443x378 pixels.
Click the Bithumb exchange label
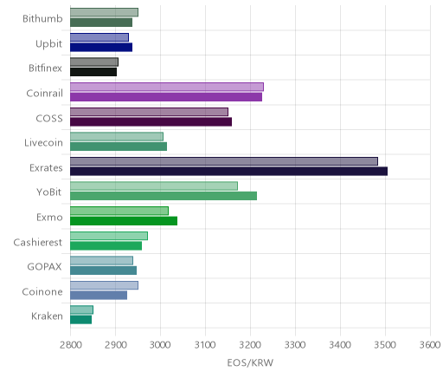(x=42, y=18)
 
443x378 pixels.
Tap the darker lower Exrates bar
(x=228, y=171)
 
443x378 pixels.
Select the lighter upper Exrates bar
(x=224, y=161)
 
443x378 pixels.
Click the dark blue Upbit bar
(x=101, y=47)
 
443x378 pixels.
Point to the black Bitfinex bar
(x=93, y=72)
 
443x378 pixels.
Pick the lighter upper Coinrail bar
(x=167, y=87)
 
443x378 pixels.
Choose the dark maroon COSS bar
(x=151, y=121)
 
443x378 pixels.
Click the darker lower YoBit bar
(x=164, y=196)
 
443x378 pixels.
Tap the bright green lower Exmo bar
(x=124, y=221)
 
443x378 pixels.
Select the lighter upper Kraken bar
(x=81, y=310)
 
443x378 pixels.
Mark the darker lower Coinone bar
(x=99, y=295)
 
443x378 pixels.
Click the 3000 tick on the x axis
(x=160, y=345)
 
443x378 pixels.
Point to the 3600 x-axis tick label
(x=430, y=345)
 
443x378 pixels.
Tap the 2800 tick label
(x=70, y=345)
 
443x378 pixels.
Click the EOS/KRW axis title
(x=250, y=362)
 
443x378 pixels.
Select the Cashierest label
(x=38, y=242)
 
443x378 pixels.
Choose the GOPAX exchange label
(x=44, y=266)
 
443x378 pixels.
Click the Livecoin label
(x=43, y=143)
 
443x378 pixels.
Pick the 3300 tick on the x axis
(x=295, y=345)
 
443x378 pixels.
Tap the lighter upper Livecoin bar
(x=117, y=137)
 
